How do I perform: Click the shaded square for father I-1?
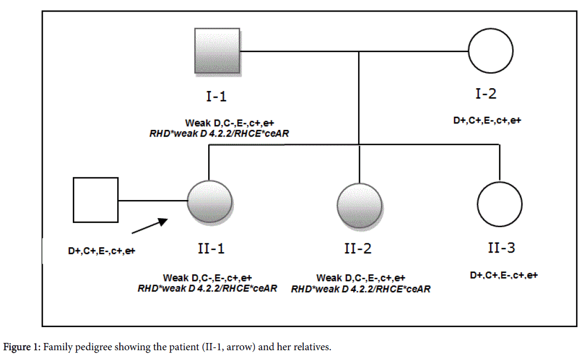pos(217,50)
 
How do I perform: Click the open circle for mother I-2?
pos(490,51)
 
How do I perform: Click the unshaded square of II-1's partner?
pos(96,200)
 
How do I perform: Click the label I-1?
pos(216,97)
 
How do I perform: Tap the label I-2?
pos(486,94)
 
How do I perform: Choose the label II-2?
pos(358,249)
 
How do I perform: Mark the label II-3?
pos(501,248)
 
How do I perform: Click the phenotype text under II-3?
pos(503,275)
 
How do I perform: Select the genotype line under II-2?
pos(360,289)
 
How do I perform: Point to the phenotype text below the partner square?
pos(101,251)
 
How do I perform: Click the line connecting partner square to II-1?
pos(153,201)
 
